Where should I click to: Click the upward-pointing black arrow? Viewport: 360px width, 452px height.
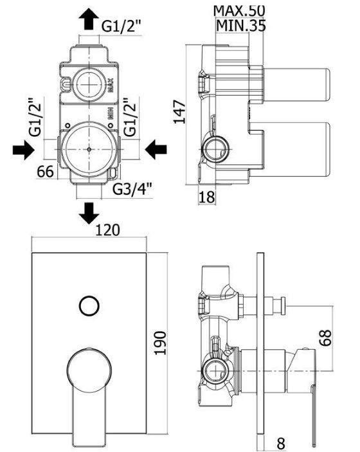(89, 19)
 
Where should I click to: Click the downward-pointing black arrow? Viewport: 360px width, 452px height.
(89, 213)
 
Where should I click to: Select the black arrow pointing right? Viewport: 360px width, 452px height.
(24, 150)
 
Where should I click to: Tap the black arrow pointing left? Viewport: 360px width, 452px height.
(156, 150)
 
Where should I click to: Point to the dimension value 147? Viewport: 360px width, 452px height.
(180, 112)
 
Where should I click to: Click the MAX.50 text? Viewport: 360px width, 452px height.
(239, 11)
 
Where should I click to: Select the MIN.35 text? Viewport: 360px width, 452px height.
(240, 25)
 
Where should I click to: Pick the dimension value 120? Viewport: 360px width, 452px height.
(107, 230)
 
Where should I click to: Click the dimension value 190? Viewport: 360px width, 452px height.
(161, 343)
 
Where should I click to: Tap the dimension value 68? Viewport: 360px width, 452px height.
(325, 338)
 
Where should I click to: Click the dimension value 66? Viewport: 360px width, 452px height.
(45, 172)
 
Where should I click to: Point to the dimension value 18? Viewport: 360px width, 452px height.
(206, 197)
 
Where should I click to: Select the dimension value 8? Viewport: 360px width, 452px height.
(281, 444)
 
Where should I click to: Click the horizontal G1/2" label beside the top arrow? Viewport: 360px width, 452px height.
(121, 26)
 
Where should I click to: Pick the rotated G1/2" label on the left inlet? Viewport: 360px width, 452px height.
(36, 117)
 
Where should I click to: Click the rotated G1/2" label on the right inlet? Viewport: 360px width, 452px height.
(130, 117)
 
